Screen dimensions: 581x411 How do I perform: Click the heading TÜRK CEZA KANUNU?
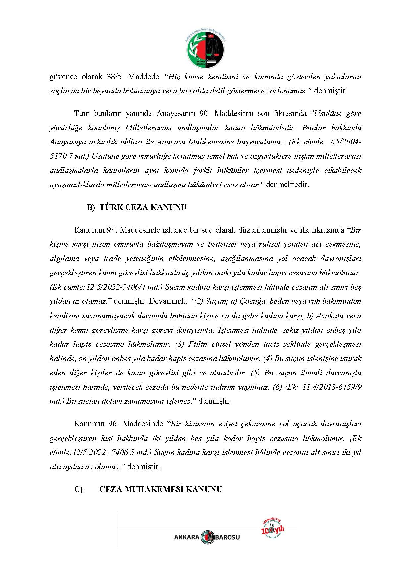click(x=143, y=207)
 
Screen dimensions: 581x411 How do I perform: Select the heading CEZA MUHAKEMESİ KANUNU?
click(x=160, y=489)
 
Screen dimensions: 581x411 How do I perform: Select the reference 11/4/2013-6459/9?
click(x=332, y=387)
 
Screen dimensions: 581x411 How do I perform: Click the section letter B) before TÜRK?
click(x=91, y=207)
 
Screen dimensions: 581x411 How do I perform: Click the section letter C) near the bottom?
click(x=78, y=489)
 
